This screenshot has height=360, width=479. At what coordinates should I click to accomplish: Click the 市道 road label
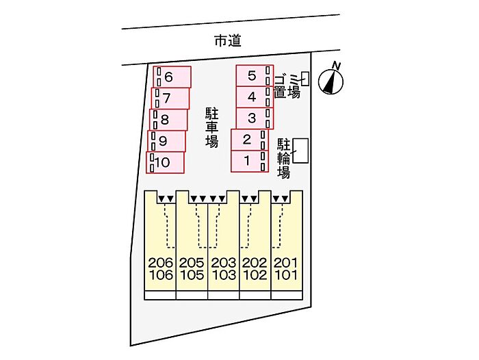tap(228, 42)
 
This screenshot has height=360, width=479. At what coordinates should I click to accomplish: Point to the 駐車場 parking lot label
tap(212, 127)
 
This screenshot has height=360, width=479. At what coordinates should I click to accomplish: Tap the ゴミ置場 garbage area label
tap(287, 84)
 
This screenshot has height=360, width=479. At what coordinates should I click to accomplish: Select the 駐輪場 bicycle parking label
tap(284, 158)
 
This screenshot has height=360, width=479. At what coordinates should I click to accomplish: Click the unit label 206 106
tap(160, 269)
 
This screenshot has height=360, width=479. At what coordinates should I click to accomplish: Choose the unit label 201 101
tap(287, 269)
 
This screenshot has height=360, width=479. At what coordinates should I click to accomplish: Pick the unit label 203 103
tap(224, 269)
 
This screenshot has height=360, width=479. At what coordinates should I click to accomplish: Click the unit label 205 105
tap(192, 269)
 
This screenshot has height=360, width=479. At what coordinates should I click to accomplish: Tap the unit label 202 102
tap(255, 269)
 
